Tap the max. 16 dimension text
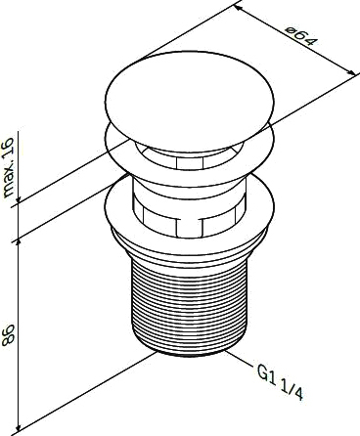tap(9, 167)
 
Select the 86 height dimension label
tap(8, 334)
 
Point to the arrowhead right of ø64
tap(351, 72)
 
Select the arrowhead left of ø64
tap(239, 8)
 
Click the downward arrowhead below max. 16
tap(19, 199)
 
